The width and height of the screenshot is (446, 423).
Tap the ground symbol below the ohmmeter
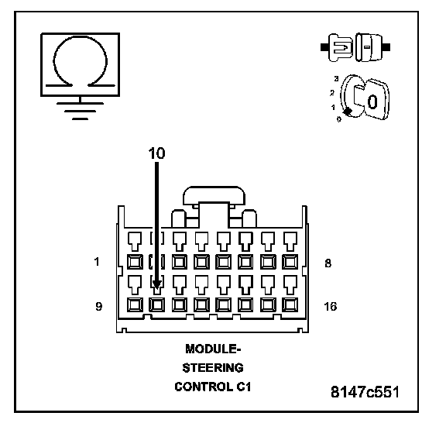(80, 109)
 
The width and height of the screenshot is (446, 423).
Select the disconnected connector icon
(355, 47)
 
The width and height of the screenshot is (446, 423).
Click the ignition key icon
(365, 98)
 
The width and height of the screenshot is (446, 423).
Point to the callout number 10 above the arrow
(156, 153)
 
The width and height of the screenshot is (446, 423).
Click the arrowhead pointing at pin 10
(156, 284)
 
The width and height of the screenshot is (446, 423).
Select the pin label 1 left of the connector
(97, 261)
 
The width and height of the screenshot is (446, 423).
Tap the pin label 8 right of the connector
(328, 263)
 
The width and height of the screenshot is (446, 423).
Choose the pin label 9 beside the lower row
(98, 306)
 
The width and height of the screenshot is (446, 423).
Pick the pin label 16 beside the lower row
(330, 306)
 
